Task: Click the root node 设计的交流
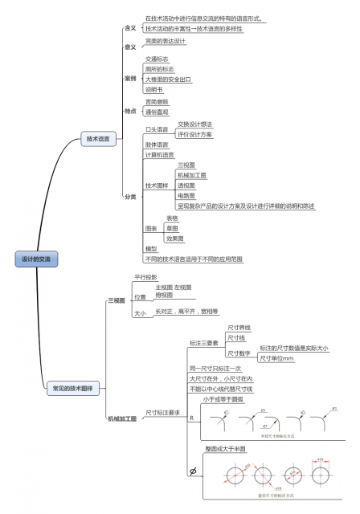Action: point(36,259)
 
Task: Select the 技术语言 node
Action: point(99,139)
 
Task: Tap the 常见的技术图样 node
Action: point(72,388)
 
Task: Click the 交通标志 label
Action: point(157,59)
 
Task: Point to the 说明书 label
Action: point(154,89)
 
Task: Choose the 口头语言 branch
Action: point(157,129)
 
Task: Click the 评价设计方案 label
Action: point(195,134)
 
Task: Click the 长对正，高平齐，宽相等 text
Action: point(186,311)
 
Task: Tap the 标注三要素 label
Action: point(203,343)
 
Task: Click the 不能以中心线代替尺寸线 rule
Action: point(221,389)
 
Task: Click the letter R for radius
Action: point(191,418)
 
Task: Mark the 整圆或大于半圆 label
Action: point(226,448)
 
